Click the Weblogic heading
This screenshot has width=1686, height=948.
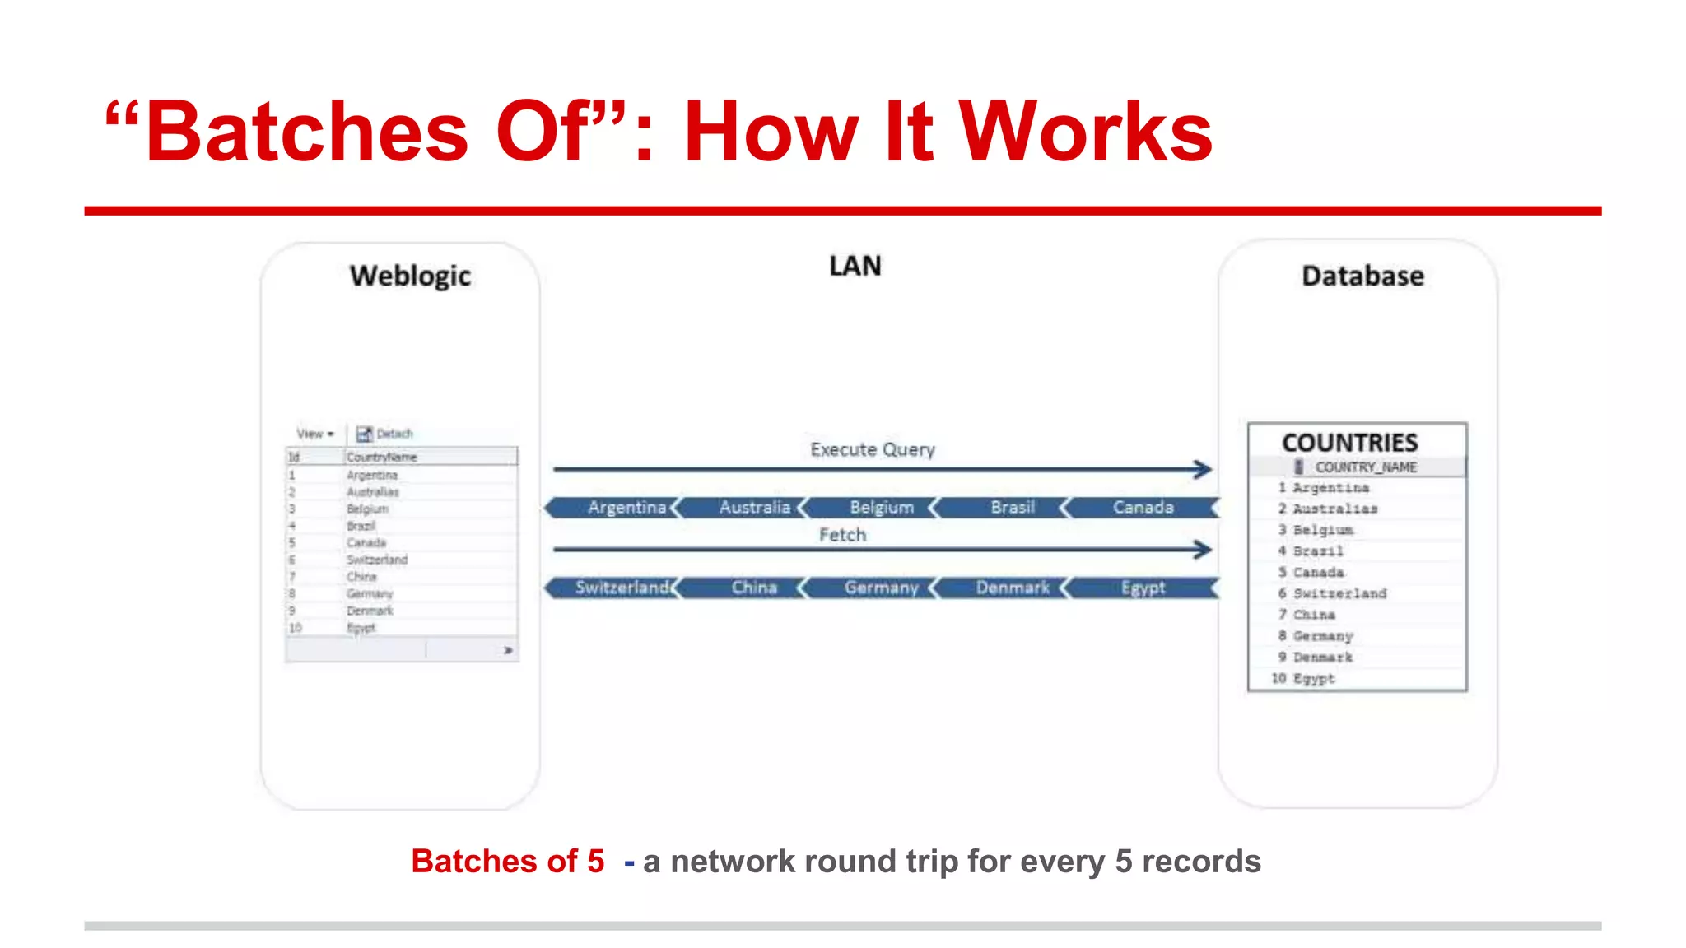pos(410,276)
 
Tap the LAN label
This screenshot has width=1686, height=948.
pos(855,266)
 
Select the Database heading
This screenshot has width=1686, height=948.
pos(1362,276)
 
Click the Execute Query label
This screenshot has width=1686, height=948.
pos(873,449)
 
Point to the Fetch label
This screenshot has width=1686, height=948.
pos(842,535)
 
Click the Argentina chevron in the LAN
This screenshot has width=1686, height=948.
pos(626,508)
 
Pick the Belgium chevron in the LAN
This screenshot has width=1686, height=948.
pos(882,508)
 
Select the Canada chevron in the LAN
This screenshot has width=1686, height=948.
pos(1143,508)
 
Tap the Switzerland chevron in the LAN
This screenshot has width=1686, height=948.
pos(622,588)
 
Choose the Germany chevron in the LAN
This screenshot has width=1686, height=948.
pos(881,588)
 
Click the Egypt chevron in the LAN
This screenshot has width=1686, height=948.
pos(1143,588)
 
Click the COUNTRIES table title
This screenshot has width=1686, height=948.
pos(1349,443)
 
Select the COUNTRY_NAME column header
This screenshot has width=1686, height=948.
pos(1365,467)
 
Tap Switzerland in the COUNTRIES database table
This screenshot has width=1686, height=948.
pos(1339,593)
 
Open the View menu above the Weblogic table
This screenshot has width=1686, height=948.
pos(314,434)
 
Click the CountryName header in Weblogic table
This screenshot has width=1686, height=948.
pos(382,457)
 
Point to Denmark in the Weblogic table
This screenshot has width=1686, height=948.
pos(370,611)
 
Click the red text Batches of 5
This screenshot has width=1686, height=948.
pos(507,862)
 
